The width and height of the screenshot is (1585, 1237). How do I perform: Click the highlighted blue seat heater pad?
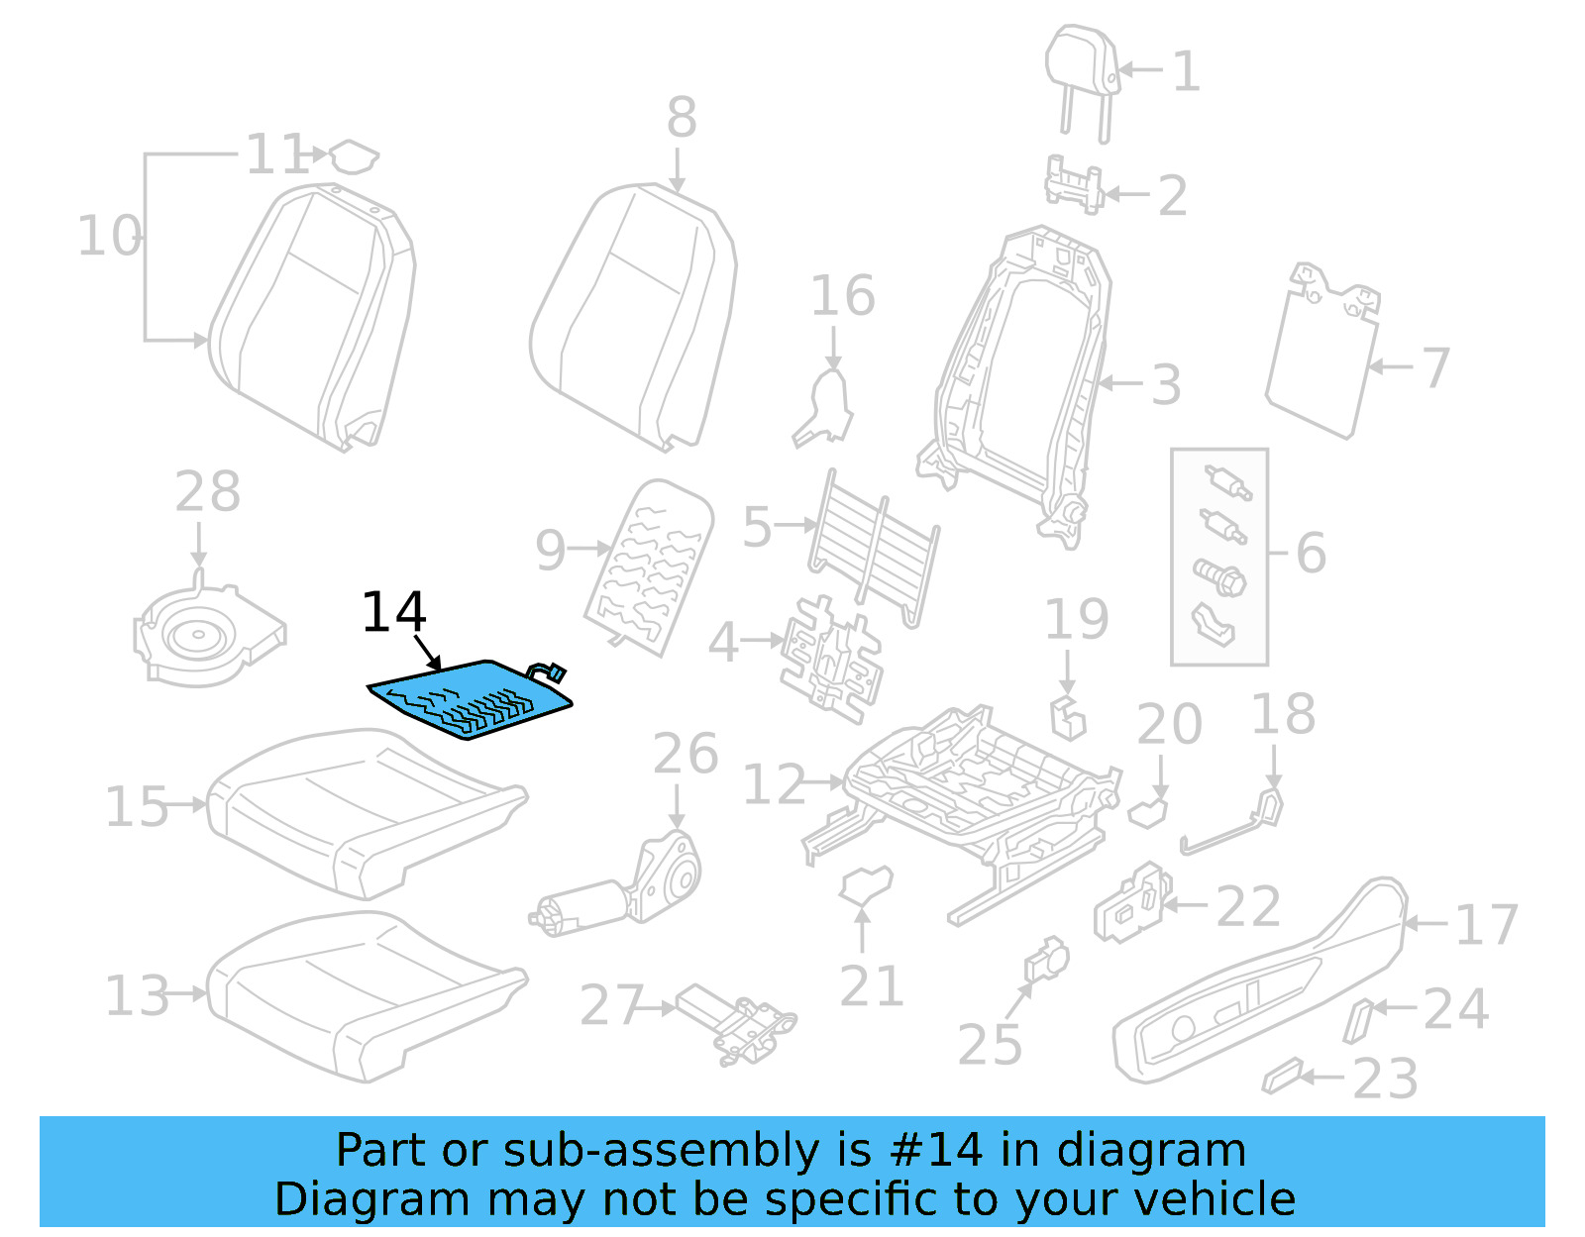tap(471, 699)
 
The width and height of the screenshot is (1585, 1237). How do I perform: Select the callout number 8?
tap(681, 118)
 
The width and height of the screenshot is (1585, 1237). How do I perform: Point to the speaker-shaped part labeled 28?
tap(208, 634)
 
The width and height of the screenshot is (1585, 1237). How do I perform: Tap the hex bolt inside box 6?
tap(1221, 576)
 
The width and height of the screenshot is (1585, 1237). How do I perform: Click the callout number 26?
tap(685, 755)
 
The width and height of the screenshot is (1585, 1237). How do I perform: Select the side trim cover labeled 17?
tap(1258, 980)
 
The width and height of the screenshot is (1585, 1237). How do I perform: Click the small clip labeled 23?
tap(1282, 1076)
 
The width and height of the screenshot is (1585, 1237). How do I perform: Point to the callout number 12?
tap(774, 785)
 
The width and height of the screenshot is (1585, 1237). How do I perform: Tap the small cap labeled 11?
tap(353, 156)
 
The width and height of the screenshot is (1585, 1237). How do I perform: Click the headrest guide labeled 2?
tap(1074, 185)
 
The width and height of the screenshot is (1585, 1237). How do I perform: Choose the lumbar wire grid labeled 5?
tap(872, 545)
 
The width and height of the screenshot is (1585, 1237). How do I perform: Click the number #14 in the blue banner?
tap(936, 1151)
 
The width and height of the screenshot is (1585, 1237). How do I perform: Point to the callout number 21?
tap(871, 986)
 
